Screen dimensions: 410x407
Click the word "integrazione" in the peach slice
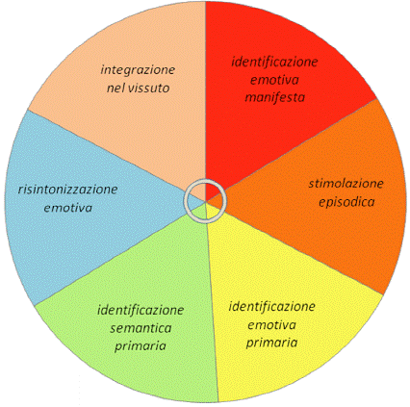[x=138, y=70]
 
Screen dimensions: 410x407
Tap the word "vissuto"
[x=149, y=88]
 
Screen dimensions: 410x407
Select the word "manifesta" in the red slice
[x=275, y=97]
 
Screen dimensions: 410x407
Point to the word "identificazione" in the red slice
[x=274, y=62]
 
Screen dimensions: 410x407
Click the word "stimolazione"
[x=346, y=184]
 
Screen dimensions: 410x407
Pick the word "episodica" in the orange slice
[x=346, y=202]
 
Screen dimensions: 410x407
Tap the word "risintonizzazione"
[x=68, y=190]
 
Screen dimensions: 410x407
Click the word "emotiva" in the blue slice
[x=68, y=208]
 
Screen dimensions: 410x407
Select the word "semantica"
[x=141, y=328]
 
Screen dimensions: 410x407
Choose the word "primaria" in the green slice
[x=141, y=346]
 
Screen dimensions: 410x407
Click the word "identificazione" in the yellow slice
[x=272, y=307]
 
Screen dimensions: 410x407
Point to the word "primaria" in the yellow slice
[x=272, y=343]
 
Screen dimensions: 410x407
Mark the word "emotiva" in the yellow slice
[x=272, y=325]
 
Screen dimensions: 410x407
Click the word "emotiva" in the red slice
[x=274, y=80]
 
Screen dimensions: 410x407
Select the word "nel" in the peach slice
[x=116, y=88]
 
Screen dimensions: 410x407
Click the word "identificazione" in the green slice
[x=141, y=310]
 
